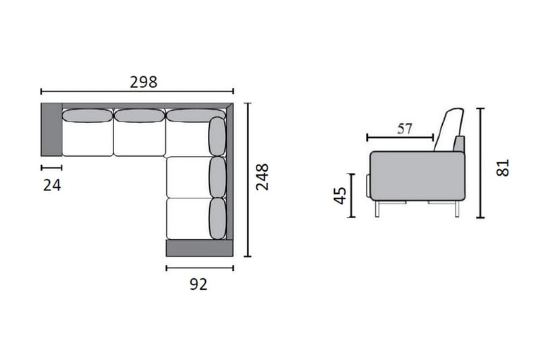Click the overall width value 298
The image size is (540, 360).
point(143,82)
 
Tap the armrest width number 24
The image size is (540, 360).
point(52,185)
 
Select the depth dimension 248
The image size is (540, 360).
point(262,176)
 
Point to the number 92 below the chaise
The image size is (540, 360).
point(198,284)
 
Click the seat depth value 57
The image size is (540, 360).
point(404,128)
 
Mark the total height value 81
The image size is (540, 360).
point(502,168)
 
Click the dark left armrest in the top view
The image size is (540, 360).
point(51,129)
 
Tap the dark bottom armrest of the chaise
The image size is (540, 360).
point(195,248)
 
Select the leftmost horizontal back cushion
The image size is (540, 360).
point(86,115)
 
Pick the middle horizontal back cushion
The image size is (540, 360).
point(140,115)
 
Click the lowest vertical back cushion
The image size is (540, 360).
point(217,218)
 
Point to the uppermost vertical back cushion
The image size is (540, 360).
point(217,137)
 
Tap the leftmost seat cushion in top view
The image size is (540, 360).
point(87,139)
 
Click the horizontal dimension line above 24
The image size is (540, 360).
point(51,167)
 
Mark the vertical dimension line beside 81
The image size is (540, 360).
point(480,163)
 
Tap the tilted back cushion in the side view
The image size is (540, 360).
point(449,128)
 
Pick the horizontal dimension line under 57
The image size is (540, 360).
point(400,138)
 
